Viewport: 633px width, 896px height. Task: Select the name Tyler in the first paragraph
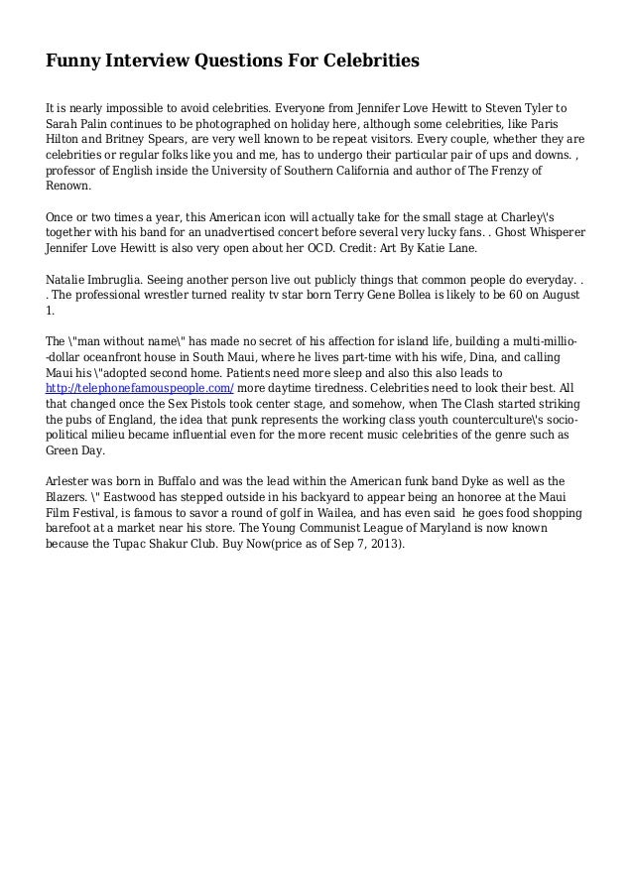534,106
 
